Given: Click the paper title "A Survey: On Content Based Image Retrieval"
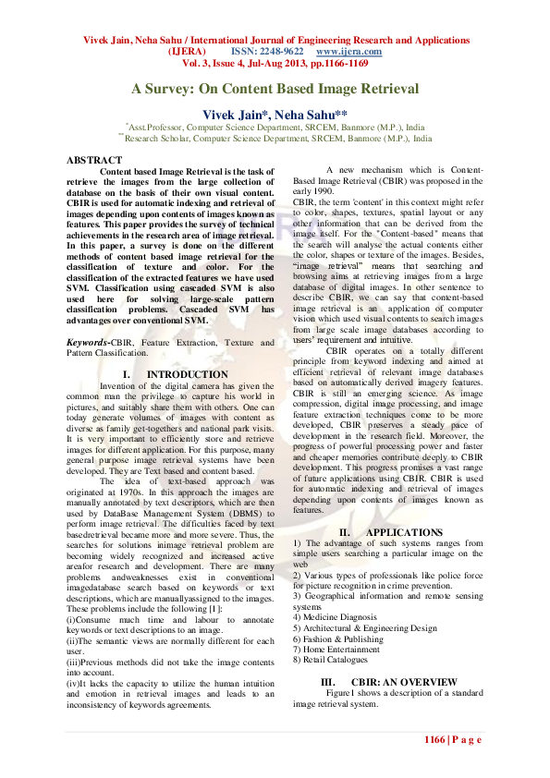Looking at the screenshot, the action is [x=275, y=90].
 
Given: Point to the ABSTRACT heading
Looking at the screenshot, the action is [x=94, y=160].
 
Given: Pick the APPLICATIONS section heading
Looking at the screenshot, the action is [x=403, y=533].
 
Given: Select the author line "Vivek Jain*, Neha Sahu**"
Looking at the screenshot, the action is [x=275, y=113].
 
